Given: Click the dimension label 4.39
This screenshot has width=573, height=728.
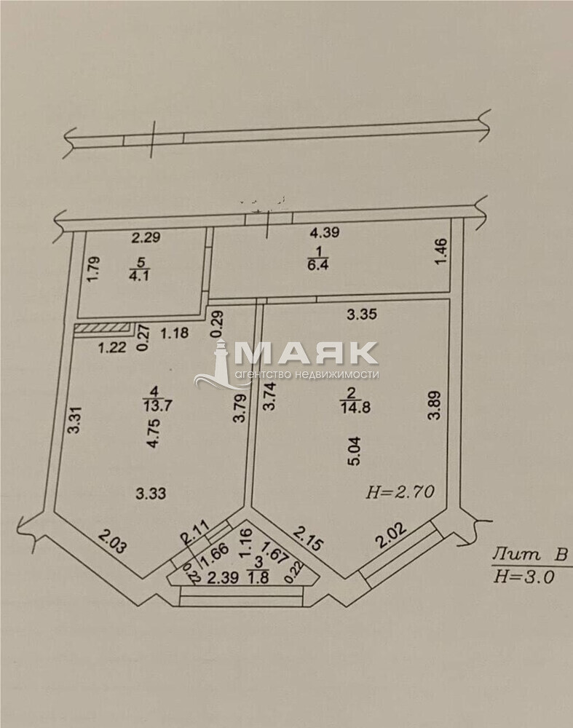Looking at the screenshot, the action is point(325,232).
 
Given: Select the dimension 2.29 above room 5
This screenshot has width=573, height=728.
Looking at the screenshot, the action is point(146,237).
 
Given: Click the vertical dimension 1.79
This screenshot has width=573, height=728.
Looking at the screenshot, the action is point(94,269).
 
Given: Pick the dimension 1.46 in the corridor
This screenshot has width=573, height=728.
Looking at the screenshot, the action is point(442,252).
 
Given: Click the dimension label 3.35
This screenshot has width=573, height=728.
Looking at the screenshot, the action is point(362,314).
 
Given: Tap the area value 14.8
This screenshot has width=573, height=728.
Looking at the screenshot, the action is point(356,407).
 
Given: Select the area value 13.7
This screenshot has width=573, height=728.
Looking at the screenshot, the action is point(158,405).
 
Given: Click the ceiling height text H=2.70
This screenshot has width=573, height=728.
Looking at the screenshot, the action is point(400,491).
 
